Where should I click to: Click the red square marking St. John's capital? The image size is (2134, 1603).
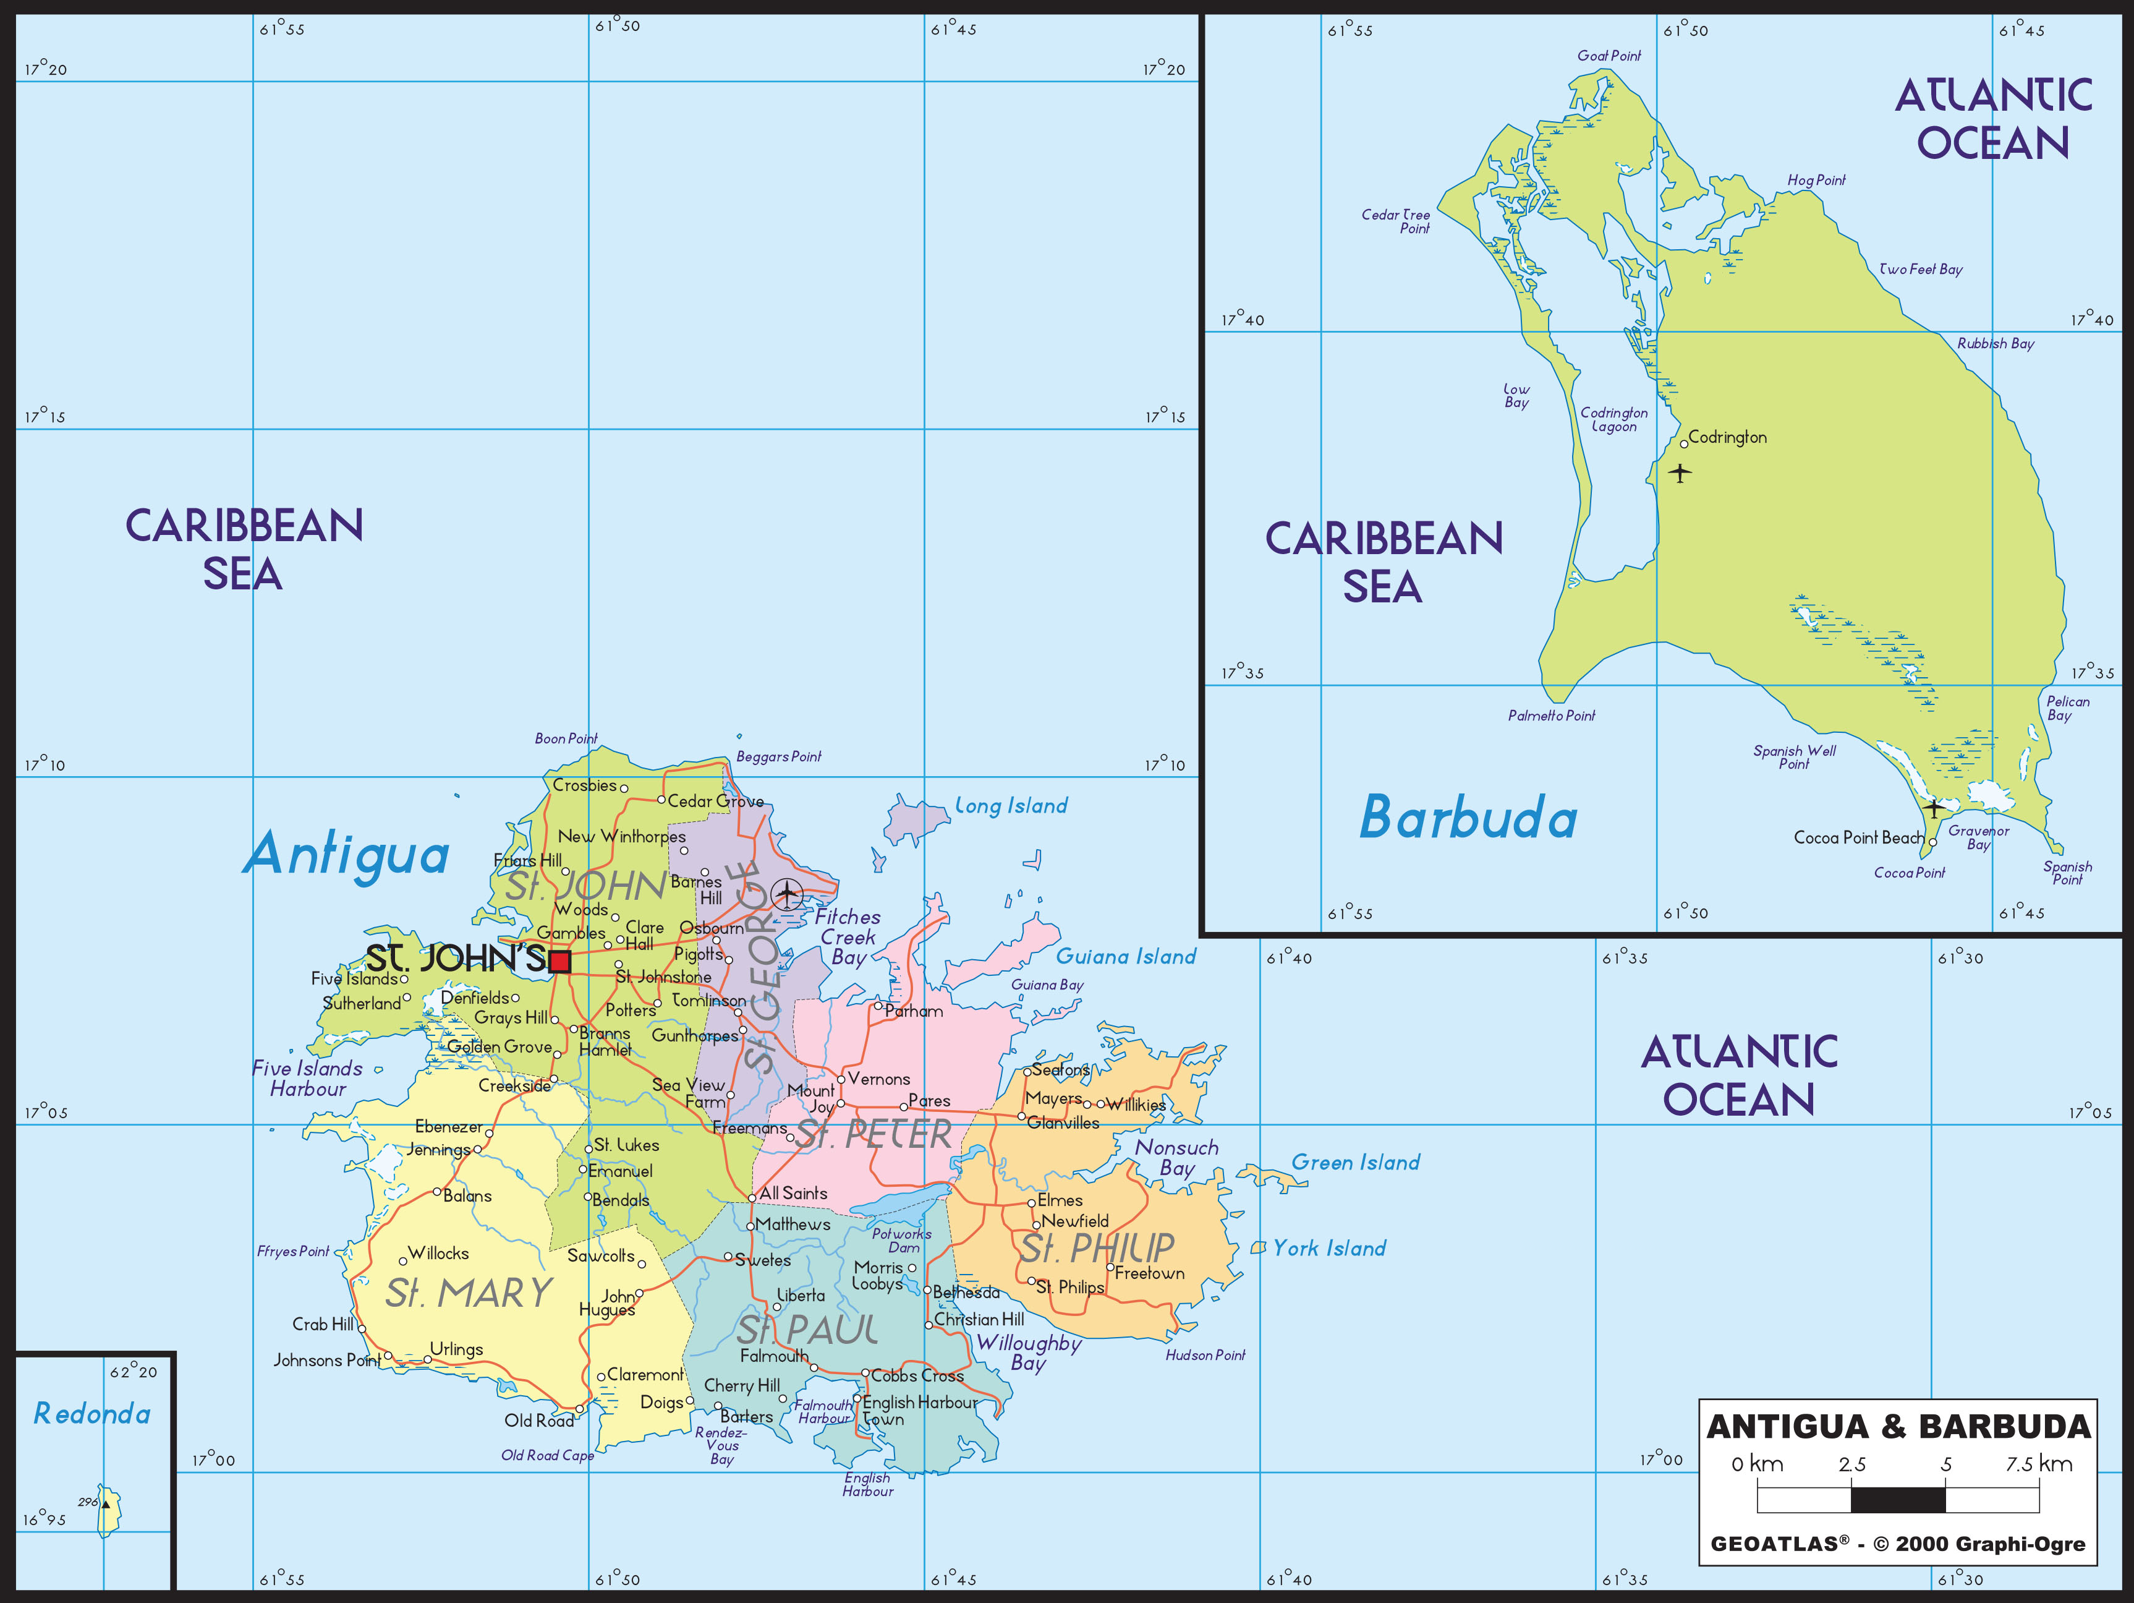(559, 961)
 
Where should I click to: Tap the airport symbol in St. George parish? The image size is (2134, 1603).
(787, 895)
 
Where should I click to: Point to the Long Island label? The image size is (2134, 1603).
(1011, 806)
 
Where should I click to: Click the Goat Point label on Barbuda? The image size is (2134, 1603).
(1608, 56)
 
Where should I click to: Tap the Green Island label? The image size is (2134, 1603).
(1356, 1163)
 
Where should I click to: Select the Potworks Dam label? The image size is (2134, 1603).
(902, 1240)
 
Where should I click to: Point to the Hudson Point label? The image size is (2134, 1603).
(1205, 1355)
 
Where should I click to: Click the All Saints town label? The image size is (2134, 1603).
(793, 1194)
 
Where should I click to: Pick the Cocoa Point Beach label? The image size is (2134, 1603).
(1858, 838)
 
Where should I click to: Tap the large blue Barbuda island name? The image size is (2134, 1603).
(1468, 818)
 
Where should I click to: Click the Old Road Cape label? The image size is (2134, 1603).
(547, 1455)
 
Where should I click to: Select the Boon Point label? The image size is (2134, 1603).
(566, 738)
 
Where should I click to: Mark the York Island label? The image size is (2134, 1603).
(1328, 1249)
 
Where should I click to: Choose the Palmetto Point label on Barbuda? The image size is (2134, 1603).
(1551, 715)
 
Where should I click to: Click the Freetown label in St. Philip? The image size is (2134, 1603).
(1149, 1274)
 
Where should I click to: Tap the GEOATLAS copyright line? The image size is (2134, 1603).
(1898, 1544)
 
